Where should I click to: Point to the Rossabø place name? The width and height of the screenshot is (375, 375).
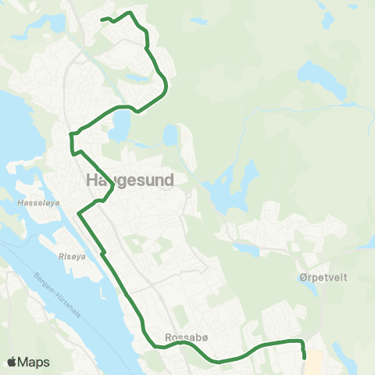point(185,338)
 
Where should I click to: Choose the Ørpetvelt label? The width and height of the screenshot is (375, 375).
point(322,277)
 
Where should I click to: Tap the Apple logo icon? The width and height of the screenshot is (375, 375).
point(12,362)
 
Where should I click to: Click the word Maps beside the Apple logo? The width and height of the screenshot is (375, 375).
point(34,362)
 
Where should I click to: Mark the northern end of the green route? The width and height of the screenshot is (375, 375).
point(102,20)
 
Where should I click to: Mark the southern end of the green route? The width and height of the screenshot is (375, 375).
point(304,358)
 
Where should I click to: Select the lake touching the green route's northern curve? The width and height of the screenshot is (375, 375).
point(120,123)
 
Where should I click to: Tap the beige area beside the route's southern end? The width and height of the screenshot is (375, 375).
point(313,359)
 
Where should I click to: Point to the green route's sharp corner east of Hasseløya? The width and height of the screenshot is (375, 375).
point(78,212)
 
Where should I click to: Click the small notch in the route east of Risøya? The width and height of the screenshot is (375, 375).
point(102,252)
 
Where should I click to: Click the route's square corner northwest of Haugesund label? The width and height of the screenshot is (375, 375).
point(71,134)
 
